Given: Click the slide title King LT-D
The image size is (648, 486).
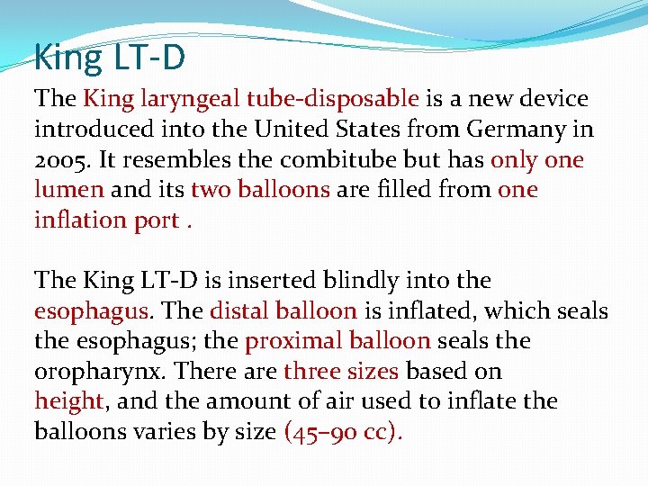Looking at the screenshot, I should point(110,58).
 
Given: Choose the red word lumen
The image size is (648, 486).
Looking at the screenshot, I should point(68,190).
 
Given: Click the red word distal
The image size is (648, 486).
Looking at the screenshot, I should point(237,311).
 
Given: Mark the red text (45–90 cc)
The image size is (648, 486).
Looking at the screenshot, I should point(343,432).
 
